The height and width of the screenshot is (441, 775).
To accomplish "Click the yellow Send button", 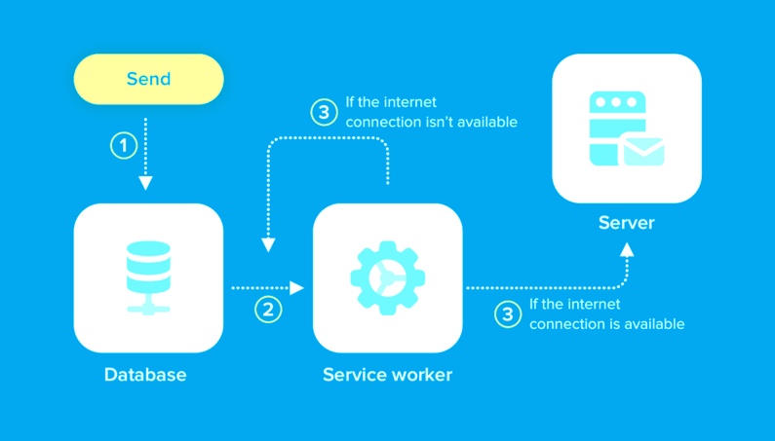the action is coord(148,79).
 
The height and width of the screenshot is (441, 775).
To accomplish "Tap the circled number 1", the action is coord(124,145).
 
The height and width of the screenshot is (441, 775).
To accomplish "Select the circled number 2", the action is coord(268,310).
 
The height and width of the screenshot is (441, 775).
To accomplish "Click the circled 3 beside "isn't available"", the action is coord(325,112).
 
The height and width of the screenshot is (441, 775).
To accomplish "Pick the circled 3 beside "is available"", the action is coord(508,314).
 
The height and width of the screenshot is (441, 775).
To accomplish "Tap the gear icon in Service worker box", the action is coord(388,278).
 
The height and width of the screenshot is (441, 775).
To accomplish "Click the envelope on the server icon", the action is coord(643,152).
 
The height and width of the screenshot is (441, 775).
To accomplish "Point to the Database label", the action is coord(145,375).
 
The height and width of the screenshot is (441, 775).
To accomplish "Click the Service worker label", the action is coord(388,375).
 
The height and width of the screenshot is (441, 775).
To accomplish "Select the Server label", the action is coord(626,223).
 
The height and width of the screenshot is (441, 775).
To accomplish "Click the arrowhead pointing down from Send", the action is coord(145,183).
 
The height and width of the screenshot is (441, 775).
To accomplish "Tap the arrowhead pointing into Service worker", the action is coord(296,288).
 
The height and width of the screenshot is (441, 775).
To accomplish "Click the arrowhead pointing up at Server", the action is coord(627,250).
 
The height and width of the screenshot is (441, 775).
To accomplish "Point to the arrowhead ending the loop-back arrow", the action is coord(268,245).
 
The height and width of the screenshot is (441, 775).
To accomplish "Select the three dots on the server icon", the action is coord(616,102).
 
